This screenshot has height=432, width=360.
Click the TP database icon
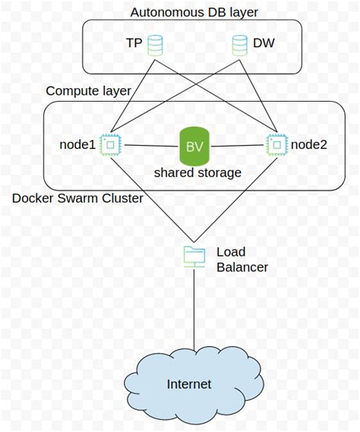click(x=155, y=45)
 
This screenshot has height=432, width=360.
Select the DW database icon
click(x=237, y=45)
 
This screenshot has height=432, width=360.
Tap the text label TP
click(x=134, y=44)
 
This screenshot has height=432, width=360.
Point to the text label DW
click(x=263, y=44)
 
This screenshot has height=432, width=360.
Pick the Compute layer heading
click(x=88, y=91)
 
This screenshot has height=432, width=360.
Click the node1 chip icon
click(x=111, y=143)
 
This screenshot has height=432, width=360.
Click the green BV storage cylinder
click(x=194, y=146)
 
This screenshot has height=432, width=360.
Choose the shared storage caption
click(x=197, y=173)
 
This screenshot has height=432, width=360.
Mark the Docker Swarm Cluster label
click(x=78, y=199)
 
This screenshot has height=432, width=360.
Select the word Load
click(x=231, y=252)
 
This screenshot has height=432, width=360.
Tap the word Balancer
click(x=242, y=267)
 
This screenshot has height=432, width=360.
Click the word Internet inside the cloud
click(x=189, y=383)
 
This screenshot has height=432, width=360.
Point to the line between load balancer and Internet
click(x=194, y=311)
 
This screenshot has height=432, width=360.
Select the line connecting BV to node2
click(x=238, y=144)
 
